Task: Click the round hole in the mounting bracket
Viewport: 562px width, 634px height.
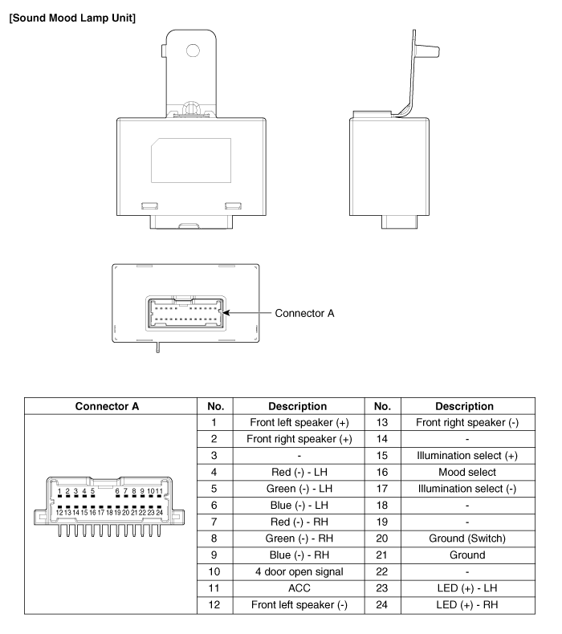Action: point(193,51)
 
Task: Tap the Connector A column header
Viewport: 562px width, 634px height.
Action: point(106,405)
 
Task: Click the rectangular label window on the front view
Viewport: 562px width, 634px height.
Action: point(190,161)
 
